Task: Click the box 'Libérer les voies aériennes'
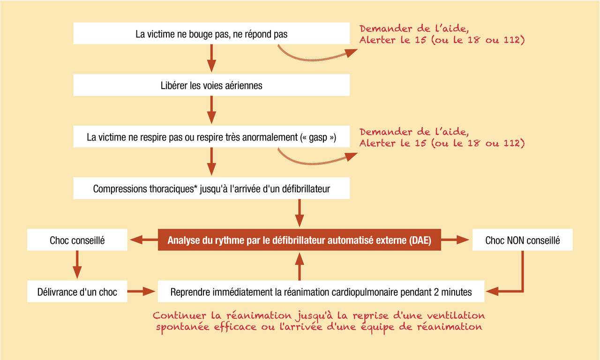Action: [211, 85]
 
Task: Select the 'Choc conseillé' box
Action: [77, 240]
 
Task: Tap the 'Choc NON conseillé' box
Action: [522, 240]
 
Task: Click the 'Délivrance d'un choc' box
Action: [77, 292]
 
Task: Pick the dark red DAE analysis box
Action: [300, 240]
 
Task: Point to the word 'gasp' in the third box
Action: [318, 138]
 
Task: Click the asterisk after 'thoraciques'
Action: [195, 187]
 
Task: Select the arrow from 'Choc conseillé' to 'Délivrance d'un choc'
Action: [77, 265]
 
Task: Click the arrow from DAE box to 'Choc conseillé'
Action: [144, 240]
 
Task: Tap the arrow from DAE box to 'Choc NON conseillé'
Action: [455, 240]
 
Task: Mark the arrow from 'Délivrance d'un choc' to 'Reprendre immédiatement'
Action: [141, 292]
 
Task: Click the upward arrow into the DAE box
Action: [300, 267]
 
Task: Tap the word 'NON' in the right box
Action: [509, 240]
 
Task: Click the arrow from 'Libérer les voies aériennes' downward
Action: [211, 110]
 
